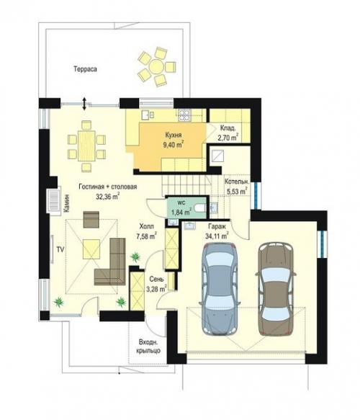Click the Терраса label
[x=85, y=69]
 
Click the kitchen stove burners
[x=184, y=115]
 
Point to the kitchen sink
[x=146, y=115]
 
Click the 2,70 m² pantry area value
[x=228, y=138]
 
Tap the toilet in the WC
[x=200, y=207]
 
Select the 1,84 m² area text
[x=181, y=212]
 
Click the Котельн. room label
[x=237, y=182]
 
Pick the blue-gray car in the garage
[x=220, y=289]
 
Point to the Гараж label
[x=217, y=227]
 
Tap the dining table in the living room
[x=86, y=146]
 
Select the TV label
[x=60, y=249]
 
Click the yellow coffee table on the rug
[x=91, y=249]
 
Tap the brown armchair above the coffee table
[x=91, y=220]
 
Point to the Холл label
[x=147, y=226]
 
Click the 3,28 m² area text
[x=156, y=289]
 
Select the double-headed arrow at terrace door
[x=84, y=104]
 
